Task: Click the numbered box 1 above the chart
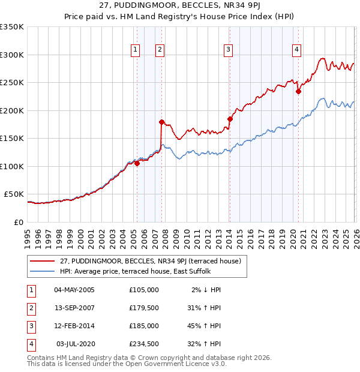(136, 50)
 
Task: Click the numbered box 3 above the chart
(229, 50)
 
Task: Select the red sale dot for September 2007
(161, 122)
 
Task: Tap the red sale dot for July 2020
(298, 92)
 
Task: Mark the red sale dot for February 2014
(230, 119)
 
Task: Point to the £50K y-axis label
(14, 194)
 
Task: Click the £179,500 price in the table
(143, 307)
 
